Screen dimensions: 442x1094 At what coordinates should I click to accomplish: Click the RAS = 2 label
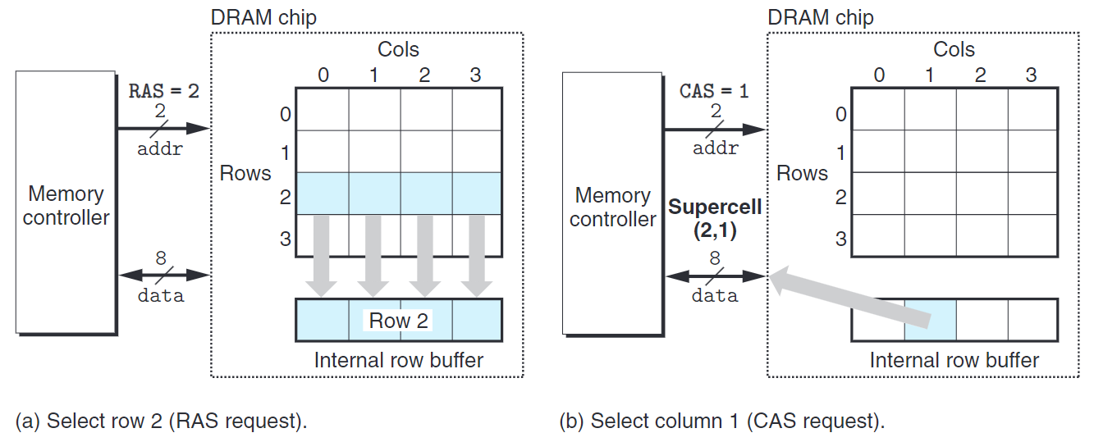click(163, 91)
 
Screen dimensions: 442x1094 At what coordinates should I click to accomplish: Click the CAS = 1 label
click(714, 91)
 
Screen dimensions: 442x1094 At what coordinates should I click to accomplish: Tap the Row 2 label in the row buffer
click(398, 321)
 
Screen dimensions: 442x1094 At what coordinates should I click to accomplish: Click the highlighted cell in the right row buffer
click(930, 320)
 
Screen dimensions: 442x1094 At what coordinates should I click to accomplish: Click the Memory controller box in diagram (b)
click(612, 205)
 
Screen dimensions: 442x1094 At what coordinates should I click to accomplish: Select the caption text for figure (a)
click(161, 421)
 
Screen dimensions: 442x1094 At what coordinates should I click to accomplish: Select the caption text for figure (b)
click(722, 421)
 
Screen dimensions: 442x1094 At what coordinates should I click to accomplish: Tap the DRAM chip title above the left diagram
click(263, 16)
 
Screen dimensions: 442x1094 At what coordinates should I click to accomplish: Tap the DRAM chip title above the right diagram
click(820, 16)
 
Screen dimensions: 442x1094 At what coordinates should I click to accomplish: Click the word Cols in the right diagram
click(954, 49)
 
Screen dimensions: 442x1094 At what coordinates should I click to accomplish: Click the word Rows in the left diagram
click(245, 173)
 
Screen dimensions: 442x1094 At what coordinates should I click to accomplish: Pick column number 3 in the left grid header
click(475, 75)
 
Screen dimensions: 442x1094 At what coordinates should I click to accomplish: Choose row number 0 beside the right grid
click(840, 114)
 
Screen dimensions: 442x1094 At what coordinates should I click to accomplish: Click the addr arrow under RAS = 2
click(164, 128)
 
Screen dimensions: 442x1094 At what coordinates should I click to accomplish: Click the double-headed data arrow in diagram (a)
click(164, 274)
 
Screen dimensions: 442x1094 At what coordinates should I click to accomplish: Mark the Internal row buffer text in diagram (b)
click(954, 360)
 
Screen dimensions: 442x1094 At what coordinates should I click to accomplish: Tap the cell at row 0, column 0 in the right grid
click(878, 108)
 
